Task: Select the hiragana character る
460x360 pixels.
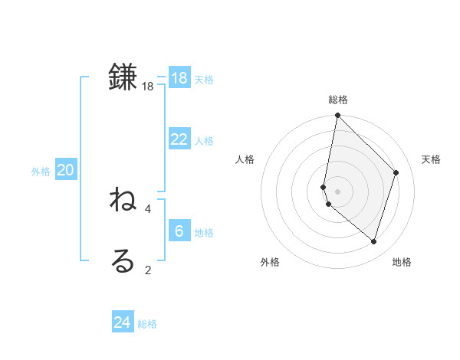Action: [123, 261]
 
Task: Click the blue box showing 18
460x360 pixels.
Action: [179, 78]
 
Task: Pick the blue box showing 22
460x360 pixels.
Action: [179, 139]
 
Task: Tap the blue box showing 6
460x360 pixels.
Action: [179, 231]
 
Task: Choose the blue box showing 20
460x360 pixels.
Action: [65, 170]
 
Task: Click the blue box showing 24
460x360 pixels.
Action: [123, 322]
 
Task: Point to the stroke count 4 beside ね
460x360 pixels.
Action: [148, 208]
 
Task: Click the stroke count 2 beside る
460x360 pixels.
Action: [148, 270]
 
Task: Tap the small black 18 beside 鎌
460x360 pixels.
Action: [148, 87]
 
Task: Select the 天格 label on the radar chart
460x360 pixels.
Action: [431, 159]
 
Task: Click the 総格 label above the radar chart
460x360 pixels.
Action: [338, 100]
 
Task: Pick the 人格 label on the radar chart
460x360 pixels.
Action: [245, 159]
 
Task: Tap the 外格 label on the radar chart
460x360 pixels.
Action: [270, 262]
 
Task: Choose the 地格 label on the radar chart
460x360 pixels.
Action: [402, 262]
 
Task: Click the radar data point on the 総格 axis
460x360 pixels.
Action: [338, 116]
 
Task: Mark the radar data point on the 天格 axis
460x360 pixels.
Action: [396, 172]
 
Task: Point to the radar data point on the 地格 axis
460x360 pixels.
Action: [373, 241]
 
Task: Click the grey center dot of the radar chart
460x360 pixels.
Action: [338, 191]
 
